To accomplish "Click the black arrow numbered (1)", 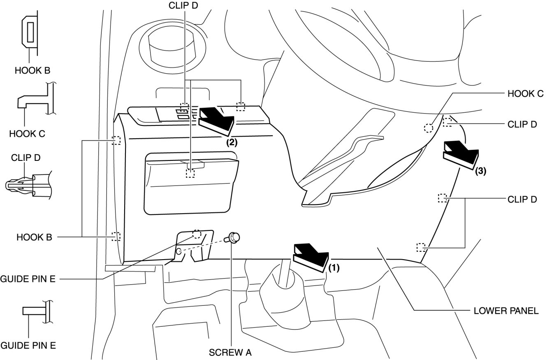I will (x=309, y=256).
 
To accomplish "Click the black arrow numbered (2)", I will (x=216, y=119).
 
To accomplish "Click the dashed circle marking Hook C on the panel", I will (x=429, y=128).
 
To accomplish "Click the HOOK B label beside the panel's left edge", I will (x=34, y=237).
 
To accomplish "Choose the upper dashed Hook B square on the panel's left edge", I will (x=116, y=141).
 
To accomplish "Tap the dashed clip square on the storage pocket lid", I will (x=190, y=173).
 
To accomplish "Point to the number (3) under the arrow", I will (x=480, y=172).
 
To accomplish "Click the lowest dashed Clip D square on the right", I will (x=420, y=247).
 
